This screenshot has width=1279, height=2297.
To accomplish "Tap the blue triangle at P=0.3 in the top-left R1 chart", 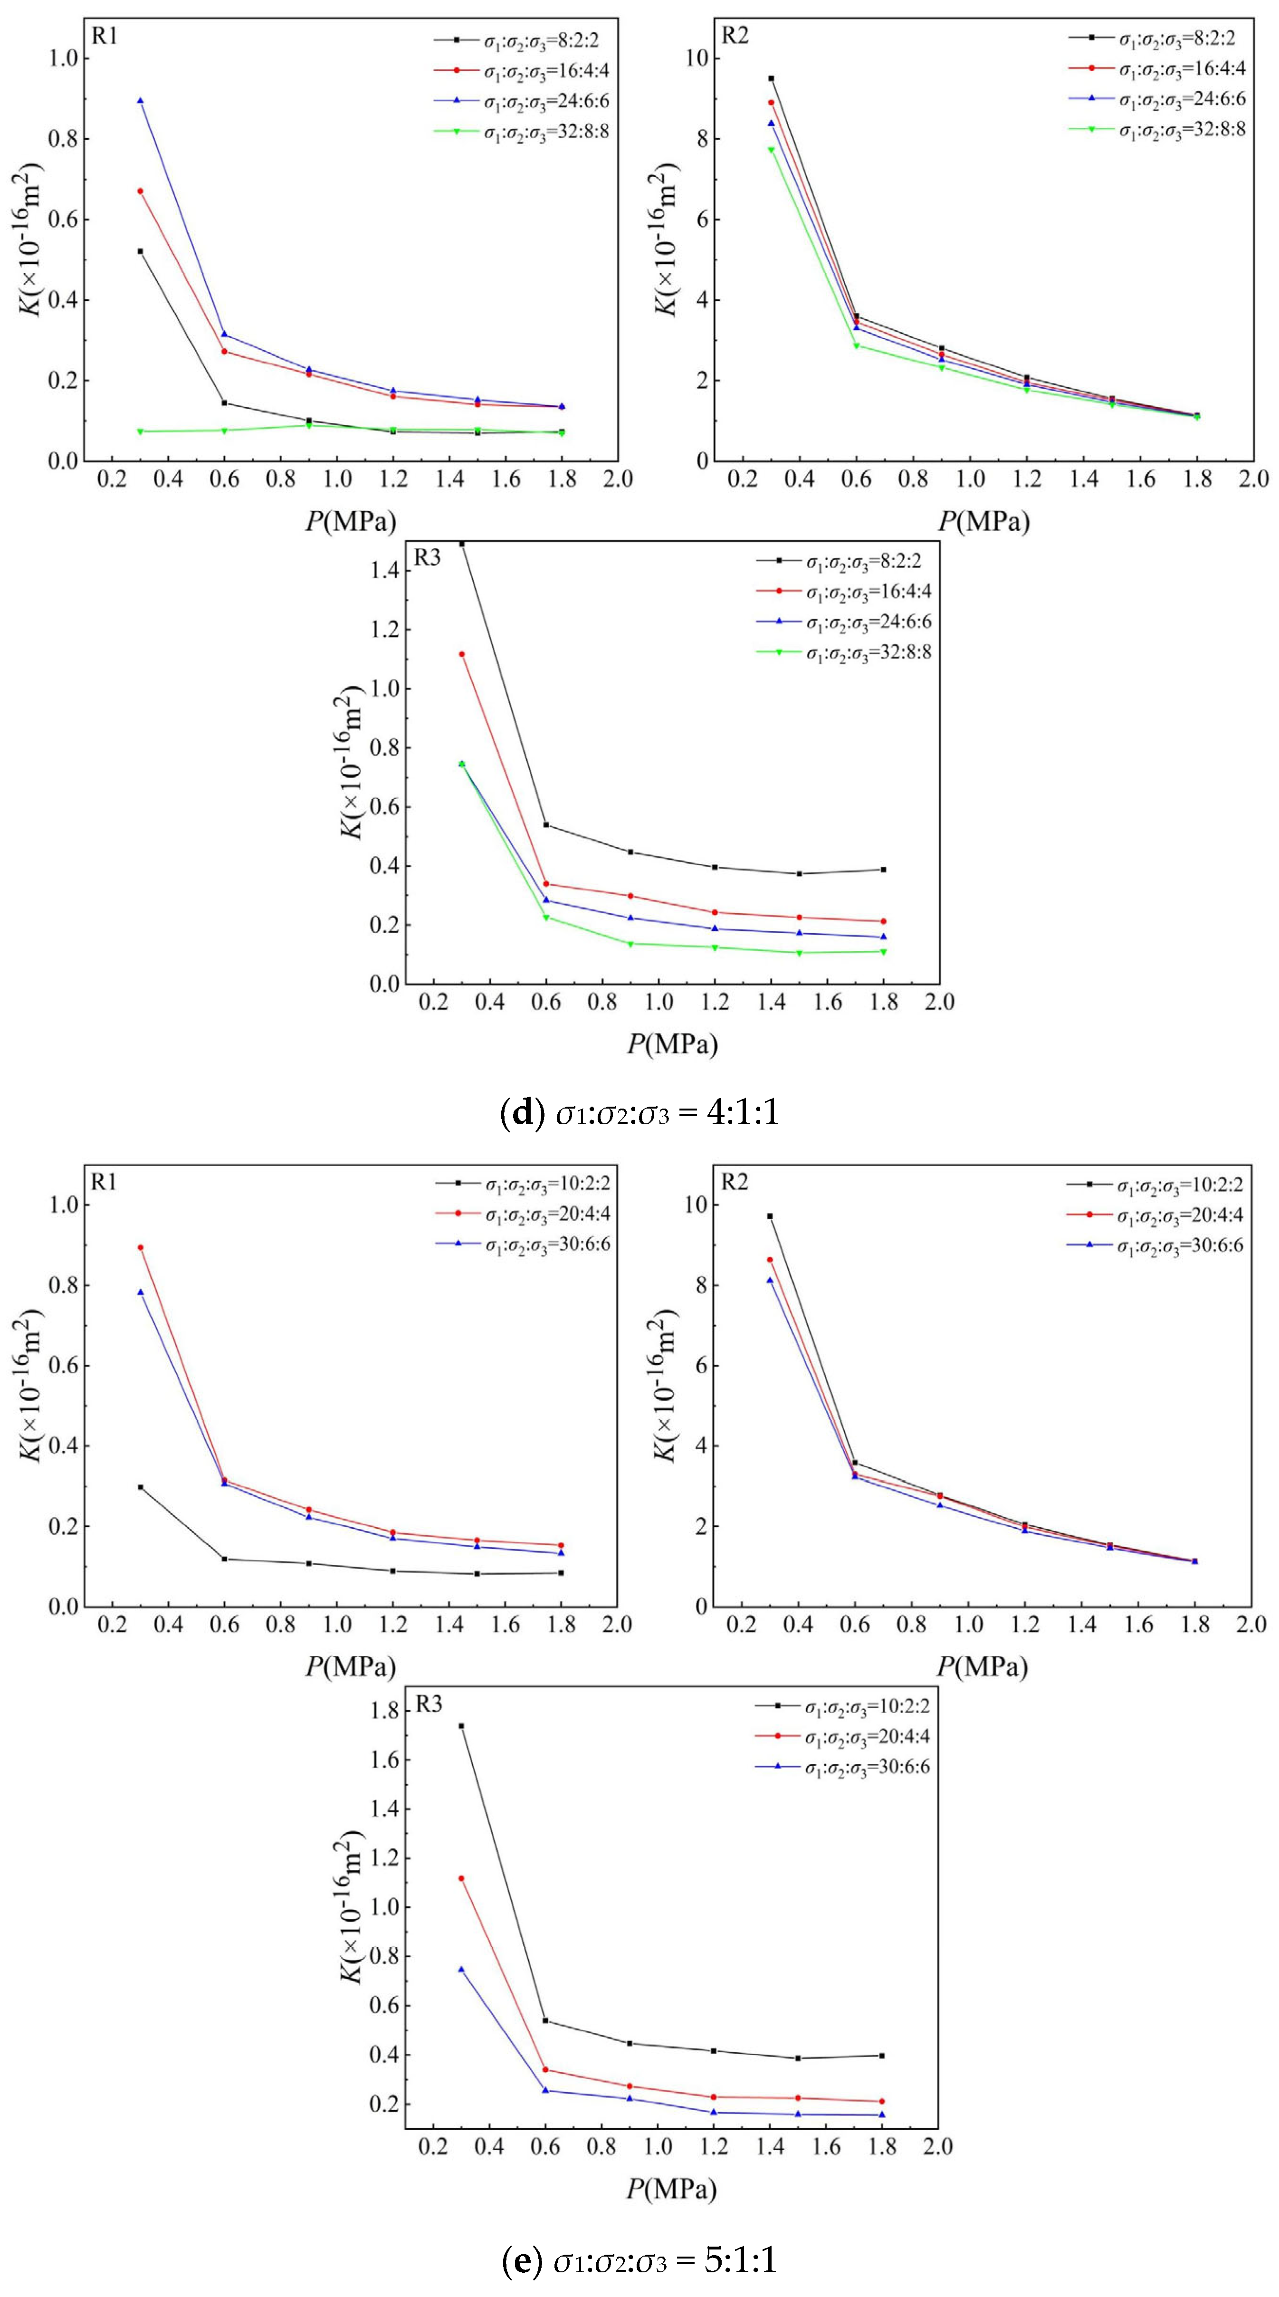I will [140, 101].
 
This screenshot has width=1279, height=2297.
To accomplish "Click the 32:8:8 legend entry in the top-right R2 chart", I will [1181, 129].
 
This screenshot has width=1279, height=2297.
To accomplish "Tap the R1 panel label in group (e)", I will [104, 1182].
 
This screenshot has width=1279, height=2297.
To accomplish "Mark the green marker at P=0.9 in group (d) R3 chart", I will [630, 943].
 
